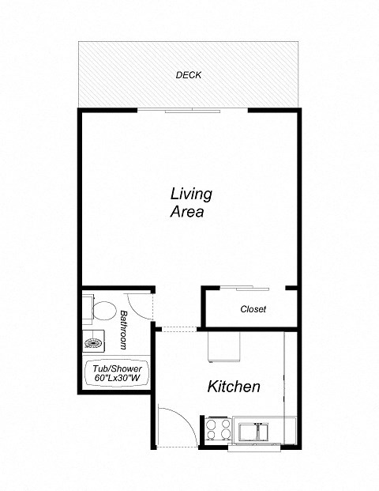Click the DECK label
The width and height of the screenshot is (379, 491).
[x=189, y=76]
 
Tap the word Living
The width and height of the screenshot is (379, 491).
[x=191, y=194]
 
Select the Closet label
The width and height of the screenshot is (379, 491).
[x=253, y=309]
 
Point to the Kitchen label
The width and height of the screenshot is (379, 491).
[x=234, y=387]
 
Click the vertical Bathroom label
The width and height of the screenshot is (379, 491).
[x=124, y=330]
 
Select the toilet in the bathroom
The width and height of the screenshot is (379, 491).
[x=99, y=309]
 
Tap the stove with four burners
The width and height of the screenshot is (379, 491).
[x=218, y=429]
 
